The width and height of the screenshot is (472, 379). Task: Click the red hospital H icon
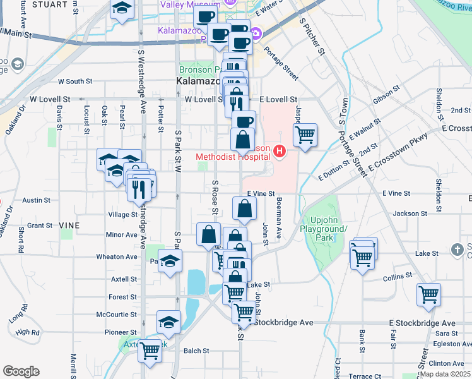click(x=279, y=152)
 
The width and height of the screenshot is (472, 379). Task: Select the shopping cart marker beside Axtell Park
click(x=150, y=349)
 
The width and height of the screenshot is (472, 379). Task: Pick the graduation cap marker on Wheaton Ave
click(x=170, y=261)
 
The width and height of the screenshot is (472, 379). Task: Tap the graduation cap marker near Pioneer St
click(x=168, y=322)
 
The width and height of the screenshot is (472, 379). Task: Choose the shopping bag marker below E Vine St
click(x=244, y=208)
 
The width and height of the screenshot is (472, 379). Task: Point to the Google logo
click(x=21, y=371)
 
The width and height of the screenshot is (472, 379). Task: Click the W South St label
click(x=75, y=81)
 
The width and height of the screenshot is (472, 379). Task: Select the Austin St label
click(x=37, y=200)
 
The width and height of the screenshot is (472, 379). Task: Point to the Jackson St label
click(x=406, y=214)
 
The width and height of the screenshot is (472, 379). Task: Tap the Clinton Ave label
click(x=445, y=364)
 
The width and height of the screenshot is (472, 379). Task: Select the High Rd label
click(x=28, y=332)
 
